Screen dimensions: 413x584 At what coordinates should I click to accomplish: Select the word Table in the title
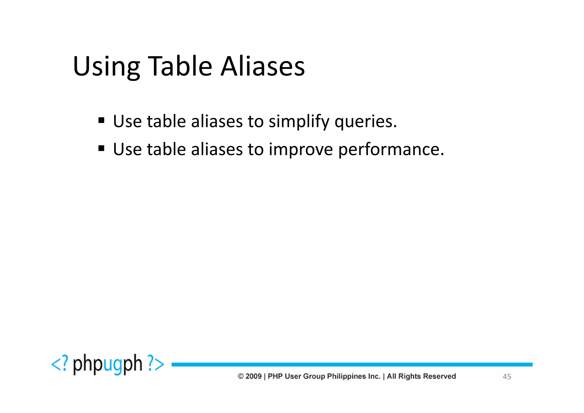point(180,66)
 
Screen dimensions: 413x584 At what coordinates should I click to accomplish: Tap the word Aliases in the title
point(263,66)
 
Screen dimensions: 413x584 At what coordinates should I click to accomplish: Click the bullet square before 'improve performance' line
point(101,148)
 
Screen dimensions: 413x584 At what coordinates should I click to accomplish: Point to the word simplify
point(299,122)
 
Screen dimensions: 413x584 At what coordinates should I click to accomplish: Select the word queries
point(366,122)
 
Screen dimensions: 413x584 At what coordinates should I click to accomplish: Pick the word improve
point(301,149)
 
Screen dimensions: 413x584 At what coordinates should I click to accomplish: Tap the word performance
point(391,149)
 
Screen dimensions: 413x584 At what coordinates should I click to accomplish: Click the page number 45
point(507,377)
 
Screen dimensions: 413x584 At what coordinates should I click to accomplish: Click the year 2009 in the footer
point(254,376)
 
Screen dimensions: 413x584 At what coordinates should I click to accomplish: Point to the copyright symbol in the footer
point(241,376)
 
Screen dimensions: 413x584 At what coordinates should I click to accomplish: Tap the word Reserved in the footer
point(439,376)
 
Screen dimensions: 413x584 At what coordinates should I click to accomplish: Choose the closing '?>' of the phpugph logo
point(156,364)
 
